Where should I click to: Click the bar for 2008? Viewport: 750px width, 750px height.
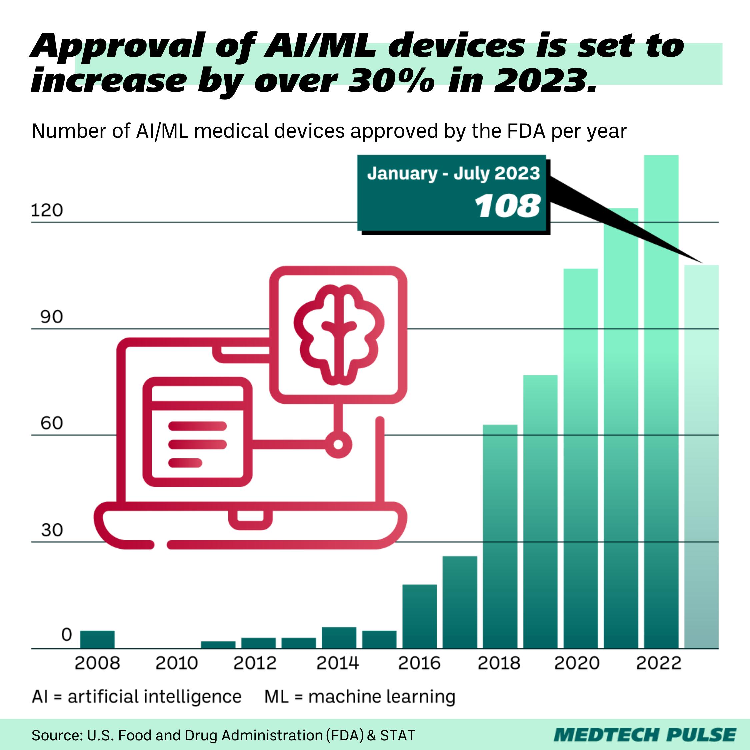[x=97, y=639]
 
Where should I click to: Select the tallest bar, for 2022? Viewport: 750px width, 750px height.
[x=661, y=388]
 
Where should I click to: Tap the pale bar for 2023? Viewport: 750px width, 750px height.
[x=701, y=446]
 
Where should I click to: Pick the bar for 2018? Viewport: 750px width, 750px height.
[x=500, y=536]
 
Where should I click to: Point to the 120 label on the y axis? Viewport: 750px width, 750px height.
[x=47, y=210]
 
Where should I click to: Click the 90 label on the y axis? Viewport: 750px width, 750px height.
[x=51, y=317]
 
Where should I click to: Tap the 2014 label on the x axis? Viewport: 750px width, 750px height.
[x=337, y=663]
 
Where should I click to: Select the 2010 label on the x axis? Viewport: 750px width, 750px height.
[x=177, y=663]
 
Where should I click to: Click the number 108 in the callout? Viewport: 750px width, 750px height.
[x=507, y=206]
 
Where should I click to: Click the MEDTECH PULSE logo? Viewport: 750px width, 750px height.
[x=644, y=735]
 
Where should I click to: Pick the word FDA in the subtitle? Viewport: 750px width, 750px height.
[x=526, y=131]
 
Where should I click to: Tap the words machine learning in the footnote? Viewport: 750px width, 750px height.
[x=381, y=696]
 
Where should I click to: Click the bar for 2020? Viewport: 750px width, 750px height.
[x=580, y=458]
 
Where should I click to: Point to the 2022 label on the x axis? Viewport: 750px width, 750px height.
[x=658, y=663]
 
